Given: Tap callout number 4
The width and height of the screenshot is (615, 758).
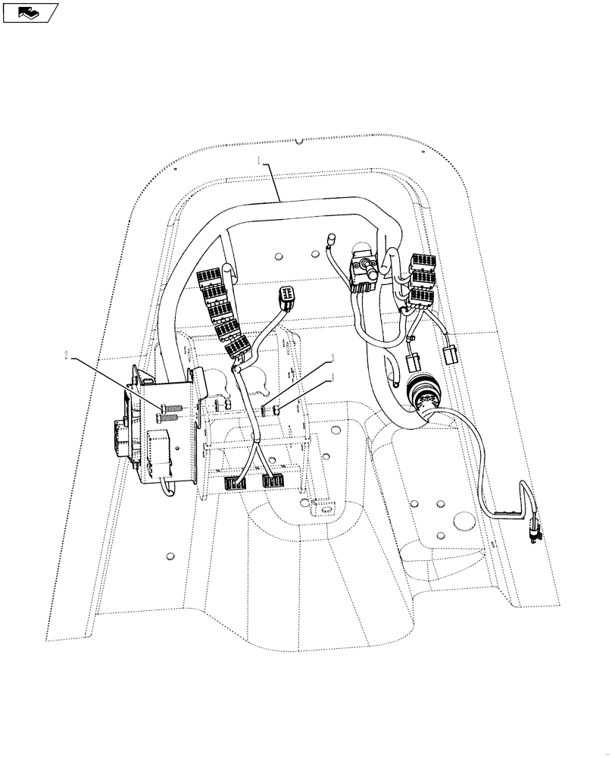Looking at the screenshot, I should click(331, 377).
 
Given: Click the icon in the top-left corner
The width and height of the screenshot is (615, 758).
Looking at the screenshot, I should click(30, 11).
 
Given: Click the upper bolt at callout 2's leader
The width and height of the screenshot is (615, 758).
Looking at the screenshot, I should click(170, 408).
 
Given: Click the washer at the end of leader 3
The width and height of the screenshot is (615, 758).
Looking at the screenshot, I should click(265, 410).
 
